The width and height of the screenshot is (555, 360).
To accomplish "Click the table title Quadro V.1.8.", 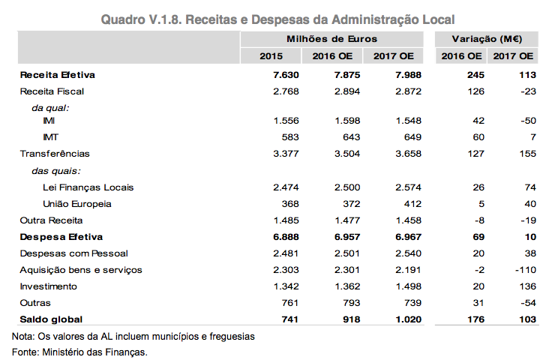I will (x=277, y=17).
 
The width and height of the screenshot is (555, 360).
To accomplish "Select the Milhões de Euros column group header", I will (x=331, y=38).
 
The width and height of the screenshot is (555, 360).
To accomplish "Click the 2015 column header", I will (x=271, y=56).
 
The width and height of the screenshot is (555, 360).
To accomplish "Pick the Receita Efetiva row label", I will (x=58, y=75).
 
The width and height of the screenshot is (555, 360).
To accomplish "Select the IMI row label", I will (x=49, y=121).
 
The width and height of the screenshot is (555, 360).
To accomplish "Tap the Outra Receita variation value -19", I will (x=529, y=220).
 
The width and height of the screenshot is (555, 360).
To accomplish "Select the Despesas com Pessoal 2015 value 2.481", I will (x=285, y=253).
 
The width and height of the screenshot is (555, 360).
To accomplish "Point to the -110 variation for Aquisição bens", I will (x=526, y=269).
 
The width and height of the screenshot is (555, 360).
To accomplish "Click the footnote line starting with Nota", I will (x=133, y=337).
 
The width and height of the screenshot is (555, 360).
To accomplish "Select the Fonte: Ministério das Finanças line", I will (x=80, y=352).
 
